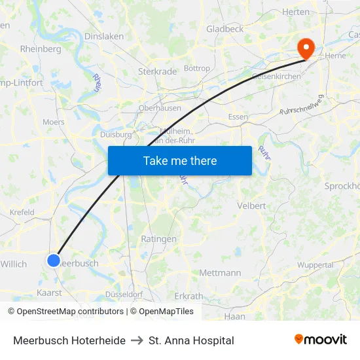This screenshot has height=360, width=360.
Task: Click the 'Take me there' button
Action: click(180, 160)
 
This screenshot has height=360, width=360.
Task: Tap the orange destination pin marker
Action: click(306, 48)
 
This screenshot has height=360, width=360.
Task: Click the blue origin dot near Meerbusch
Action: click(53, 261)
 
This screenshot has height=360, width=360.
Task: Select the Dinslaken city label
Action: click(104, 37)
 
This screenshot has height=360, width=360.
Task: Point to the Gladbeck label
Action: click(225, 29)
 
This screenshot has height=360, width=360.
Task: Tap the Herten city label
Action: click(295, 12)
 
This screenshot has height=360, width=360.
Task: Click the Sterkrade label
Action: click(154, 71)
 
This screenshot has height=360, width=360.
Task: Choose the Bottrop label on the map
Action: click(197, 68)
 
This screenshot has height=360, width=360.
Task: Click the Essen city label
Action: click(238, 117)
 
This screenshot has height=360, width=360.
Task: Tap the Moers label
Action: click(54, 122)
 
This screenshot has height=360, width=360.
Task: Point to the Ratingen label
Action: click(158, 239)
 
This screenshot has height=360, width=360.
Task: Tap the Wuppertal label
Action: click(315, 265)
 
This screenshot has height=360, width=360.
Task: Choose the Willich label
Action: click(14, 264)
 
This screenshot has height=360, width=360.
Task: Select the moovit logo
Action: click(321, 339)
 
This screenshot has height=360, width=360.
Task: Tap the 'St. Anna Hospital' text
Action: click(191, 340)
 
